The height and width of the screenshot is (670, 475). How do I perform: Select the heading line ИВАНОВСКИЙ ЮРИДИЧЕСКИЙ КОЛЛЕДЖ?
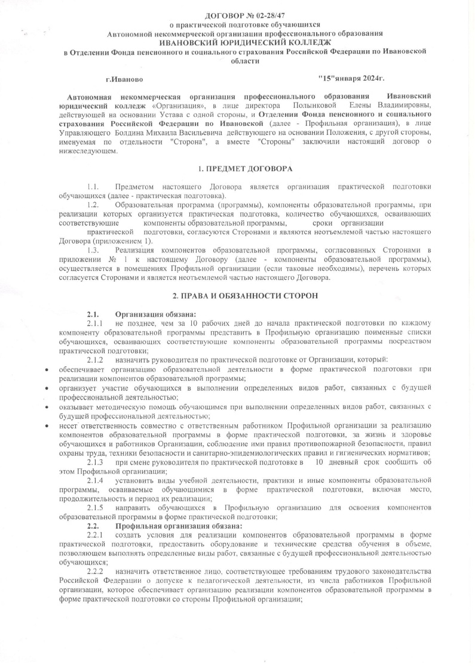coord(237,42)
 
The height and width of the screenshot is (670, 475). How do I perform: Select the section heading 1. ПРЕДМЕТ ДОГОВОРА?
coord(237,169)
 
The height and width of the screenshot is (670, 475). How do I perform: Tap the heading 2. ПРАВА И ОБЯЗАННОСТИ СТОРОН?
coord(237,295)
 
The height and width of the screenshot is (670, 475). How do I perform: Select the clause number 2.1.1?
coord(95,323)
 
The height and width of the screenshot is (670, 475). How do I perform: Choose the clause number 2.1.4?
coord(95,480)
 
